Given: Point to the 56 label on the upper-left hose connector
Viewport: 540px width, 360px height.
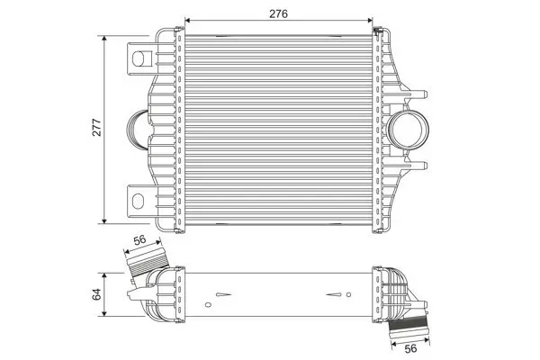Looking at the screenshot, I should coord(139,240).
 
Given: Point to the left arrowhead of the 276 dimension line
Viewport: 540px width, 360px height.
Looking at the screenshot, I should coord(187,18).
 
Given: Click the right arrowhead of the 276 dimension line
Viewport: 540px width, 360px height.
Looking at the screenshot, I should coord(371,18).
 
